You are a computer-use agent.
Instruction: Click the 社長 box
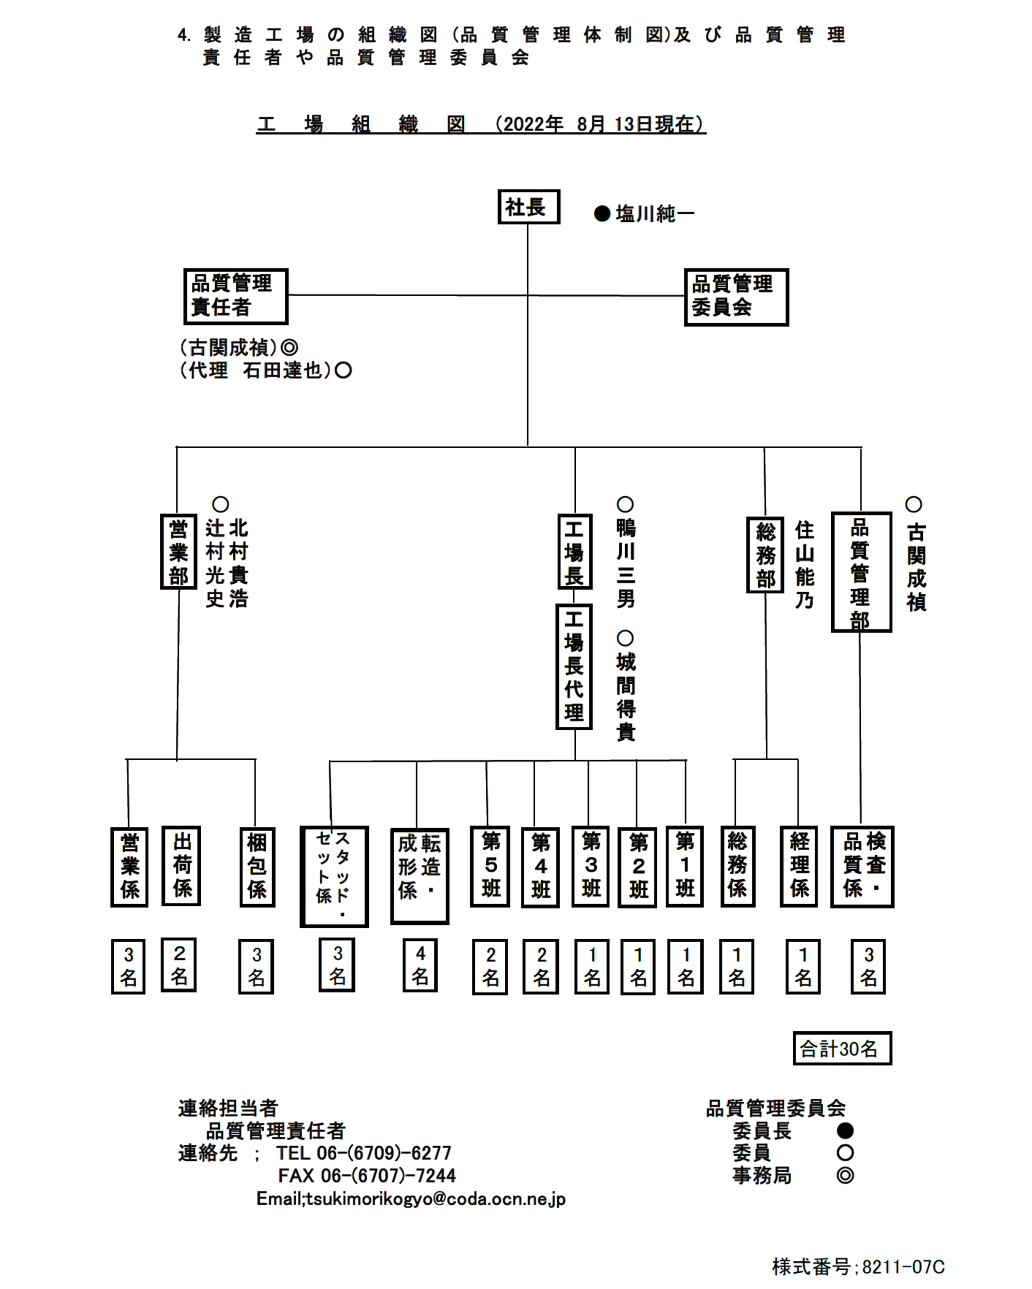(x=528, y=207)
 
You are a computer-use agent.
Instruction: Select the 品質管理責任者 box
(x=235, y=296)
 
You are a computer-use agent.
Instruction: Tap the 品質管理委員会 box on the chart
(x=736, y=297)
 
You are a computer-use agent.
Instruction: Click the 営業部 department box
(x=178, y=552)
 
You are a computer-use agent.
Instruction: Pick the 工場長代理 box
(x=574, y=666)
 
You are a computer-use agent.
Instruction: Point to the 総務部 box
(x=765, y=555)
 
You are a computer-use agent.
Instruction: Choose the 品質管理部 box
(x=861, y=572)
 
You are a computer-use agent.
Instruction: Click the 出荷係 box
(x=181, y=866)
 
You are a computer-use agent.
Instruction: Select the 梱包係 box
(x=257, y=867)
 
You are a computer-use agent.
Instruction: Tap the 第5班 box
(x=490, y=867)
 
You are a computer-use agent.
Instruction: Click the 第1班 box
(x=685, y=866)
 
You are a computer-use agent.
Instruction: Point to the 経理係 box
(x=799, y=867)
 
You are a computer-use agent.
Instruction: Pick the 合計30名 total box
(x=842, y=1049)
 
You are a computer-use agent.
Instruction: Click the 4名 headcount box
(x=420, y=965)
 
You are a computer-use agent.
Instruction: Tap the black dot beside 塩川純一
(x=602, y=213)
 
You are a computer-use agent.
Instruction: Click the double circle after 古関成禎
(x=289, y=347)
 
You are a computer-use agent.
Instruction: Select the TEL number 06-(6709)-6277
(x=384, y=1153)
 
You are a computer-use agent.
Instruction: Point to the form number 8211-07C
(x=903, y=1266)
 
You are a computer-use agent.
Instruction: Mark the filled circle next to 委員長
(x=846, y=1131)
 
